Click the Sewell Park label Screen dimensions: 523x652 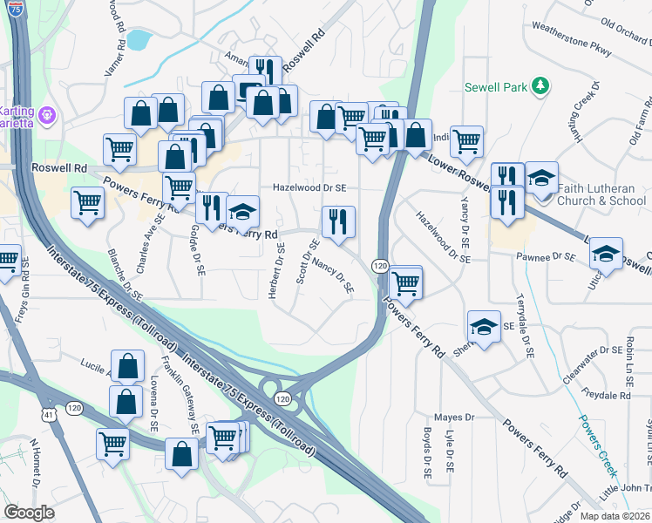498,87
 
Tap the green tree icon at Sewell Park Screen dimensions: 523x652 541,85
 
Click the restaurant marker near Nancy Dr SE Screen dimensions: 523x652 338,221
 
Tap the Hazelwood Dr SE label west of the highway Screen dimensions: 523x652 309,187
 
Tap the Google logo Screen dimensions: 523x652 30,513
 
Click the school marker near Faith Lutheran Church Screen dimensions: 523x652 541,178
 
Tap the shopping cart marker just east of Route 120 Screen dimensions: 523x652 405,282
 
